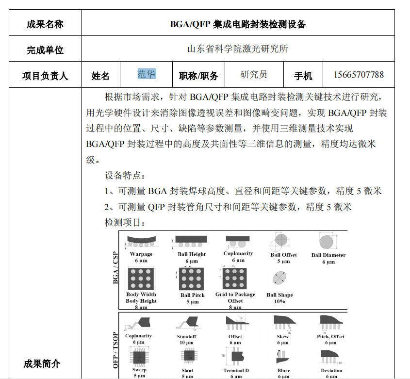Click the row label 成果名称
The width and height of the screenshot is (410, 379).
45,24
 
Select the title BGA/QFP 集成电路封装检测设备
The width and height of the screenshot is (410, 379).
238,24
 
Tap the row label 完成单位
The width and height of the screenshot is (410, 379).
45,49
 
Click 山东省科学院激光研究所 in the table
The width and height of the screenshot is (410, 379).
238,49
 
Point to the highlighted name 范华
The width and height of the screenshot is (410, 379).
147,74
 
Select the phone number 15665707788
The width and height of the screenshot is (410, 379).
359,75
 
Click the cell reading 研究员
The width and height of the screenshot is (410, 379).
254,75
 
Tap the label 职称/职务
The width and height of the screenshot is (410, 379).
198,76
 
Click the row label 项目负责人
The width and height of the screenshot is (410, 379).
45,76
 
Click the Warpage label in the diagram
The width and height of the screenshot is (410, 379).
141,254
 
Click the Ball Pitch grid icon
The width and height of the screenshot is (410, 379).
192,279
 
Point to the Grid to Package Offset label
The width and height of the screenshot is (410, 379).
235,297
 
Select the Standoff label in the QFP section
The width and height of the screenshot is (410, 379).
186,336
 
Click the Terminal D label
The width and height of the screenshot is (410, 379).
236,371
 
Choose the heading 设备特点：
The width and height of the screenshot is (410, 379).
125,175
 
